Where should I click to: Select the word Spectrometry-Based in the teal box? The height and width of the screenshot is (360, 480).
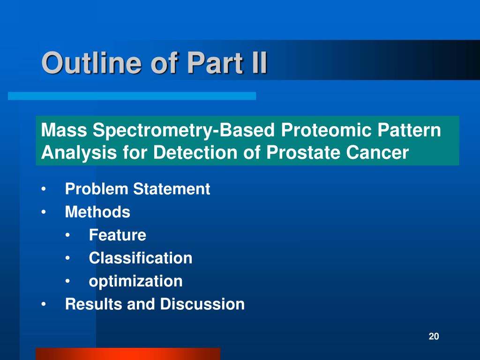[184, 131]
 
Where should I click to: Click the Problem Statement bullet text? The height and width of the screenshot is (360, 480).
[137, 188]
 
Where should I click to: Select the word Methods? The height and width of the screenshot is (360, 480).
[97, 212]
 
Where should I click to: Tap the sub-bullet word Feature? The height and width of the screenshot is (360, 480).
[118, 235]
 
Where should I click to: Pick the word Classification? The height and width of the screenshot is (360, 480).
[141, 258]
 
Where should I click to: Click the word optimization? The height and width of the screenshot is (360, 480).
[135, 281]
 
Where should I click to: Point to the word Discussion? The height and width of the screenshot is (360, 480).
[202, 304]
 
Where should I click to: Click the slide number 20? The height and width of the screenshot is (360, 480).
[434, 336]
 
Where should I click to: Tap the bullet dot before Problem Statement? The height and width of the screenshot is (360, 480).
[44, 189]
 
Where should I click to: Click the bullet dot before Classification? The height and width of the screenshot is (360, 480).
[67, 258]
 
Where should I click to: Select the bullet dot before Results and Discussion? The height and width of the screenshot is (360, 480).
[44, 304]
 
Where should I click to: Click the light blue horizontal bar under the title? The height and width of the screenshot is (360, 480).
[132, 96]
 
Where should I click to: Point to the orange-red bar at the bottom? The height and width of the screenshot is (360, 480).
[128, 354]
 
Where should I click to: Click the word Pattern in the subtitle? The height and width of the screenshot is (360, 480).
[409, 130]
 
